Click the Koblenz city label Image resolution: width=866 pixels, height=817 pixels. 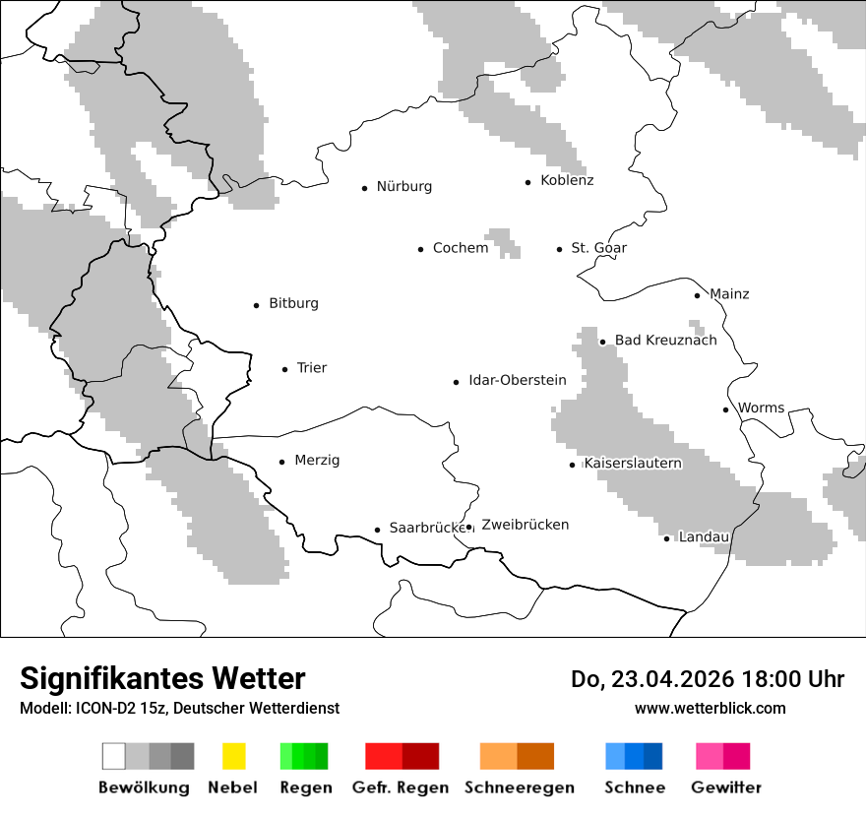(x=567, y=181)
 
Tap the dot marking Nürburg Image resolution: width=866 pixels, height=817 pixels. (x=364, y=188)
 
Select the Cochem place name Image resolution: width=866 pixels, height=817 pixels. (x=460, y=248)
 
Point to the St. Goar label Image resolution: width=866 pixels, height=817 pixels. (x=598, y=248)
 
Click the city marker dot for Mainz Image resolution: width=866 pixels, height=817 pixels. (x=697, y=295)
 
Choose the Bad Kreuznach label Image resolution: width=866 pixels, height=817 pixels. (x=665, y=341)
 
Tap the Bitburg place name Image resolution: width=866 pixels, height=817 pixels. (x=293, y=304)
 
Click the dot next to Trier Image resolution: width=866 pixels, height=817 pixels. (x=284, y=369)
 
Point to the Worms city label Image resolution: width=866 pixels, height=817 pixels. (x=761, y=408)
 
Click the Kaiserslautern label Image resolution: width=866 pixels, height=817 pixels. (x=632, y=464)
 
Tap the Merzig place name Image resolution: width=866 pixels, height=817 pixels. (x=317, y=461)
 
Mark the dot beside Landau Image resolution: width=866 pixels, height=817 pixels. (x=666, y=538)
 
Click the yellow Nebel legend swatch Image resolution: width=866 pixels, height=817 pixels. (x=233, y=756)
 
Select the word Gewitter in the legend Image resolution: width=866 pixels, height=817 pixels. (x=725, y=787)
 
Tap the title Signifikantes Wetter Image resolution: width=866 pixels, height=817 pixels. (x=162, y=679)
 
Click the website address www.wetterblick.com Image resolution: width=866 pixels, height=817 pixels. (x=710, y=709)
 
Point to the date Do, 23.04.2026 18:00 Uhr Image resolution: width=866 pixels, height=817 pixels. (x=707, y=679)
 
